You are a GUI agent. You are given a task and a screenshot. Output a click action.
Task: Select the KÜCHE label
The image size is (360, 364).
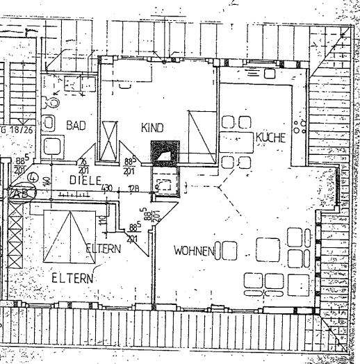(x=270, y=138)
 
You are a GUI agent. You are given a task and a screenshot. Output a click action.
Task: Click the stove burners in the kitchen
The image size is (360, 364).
(x=301, y=127)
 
